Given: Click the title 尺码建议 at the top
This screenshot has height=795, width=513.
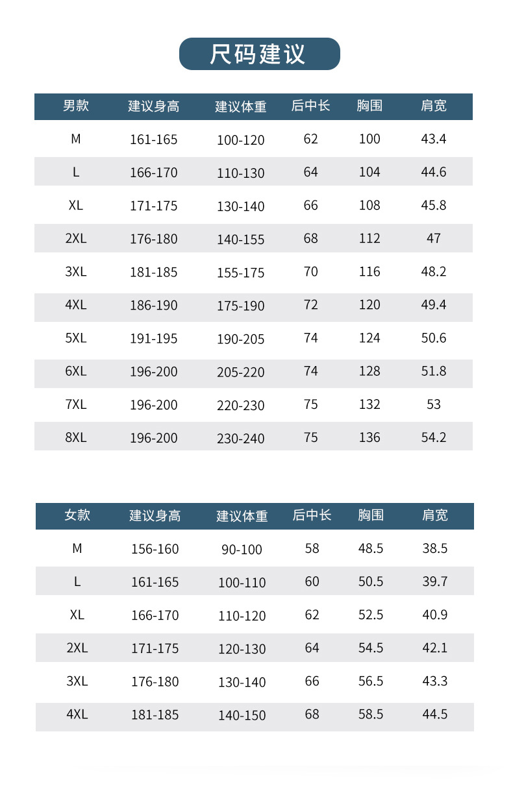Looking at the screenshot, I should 259,54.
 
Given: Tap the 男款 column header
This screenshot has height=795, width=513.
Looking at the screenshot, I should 76,106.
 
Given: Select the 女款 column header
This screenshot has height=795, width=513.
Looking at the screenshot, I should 77,515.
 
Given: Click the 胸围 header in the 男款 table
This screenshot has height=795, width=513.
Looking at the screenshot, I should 369,106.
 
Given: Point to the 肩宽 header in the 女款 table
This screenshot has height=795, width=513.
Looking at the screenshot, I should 435,515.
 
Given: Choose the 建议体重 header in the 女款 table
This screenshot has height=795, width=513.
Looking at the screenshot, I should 242,517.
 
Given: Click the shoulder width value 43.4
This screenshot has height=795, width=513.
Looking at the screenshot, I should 434,139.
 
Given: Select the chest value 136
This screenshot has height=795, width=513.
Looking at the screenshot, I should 369,437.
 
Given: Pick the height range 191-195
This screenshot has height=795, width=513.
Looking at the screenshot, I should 154,339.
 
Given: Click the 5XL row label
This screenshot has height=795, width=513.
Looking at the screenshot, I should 76,338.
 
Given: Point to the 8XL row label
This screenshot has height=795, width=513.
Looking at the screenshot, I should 76,437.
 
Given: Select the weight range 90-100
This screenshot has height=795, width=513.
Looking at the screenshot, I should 242,550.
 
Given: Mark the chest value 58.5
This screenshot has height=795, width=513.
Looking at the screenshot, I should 371,714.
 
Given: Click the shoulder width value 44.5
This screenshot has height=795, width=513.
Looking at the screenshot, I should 435,714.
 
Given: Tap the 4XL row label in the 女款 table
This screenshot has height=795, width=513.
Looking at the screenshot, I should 77,714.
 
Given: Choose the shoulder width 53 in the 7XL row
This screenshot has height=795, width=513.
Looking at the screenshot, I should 434,404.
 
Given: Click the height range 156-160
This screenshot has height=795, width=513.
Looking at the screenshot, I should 155,549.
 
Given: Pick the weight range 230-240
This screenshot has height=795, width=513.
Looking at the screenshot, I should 241,439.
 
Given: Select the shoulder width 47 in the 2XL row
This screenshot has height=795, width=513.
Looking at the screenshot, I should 434,238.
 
